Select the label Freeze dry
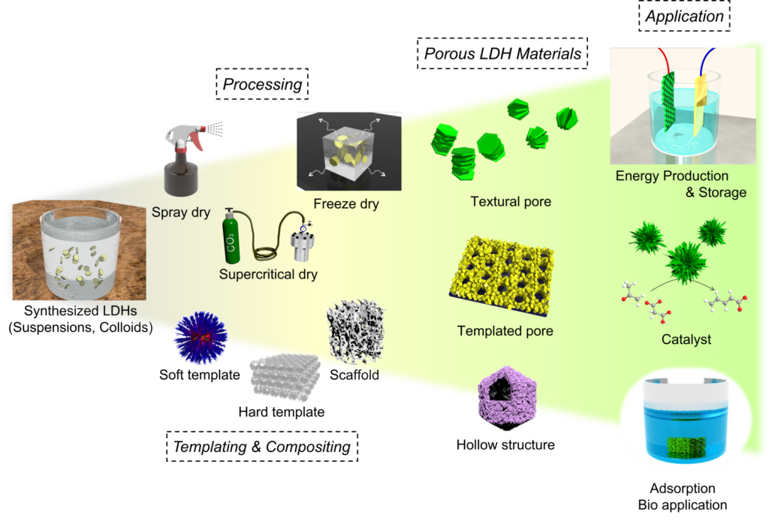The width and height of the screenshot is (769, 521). click(346, 204)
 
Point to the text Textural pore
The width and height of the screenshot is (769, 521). click(511, 202)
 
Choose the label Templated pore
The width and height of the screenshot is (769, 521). click(505, 331)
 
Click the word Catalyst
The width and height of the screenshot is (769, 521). click(686, 340)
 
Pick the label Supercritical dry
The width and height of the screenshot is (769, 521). click(268, 275)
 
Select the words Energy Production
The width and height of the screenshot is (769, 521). click(672, 176)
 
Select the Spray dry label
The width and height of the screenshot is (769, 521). click(181, 212)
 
